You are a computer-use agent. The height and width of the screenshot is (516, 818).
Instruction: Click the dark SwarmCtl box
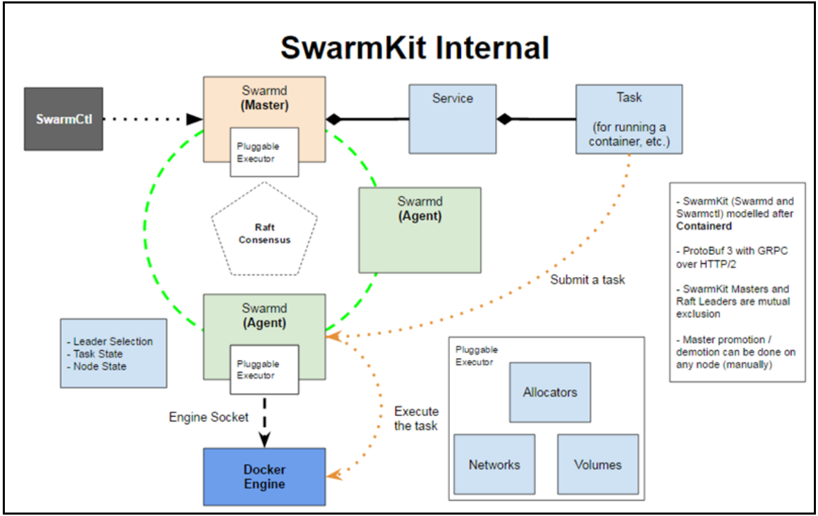coord(63,119)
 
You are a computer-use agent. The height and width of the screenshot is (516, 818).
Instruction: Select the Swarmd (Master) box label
coord(264,99)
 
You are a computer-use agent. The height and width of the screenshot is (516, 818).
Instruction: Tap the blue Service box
coord(452,119)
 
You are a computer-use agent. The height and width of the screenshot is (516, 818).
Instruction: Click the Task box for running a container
coord(628,119)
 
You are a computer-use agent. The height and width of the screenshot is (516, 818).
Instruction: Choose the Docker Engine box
coord(264,476)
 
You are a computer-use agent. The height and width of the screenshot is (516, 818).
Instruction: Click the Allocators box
coord(549,392)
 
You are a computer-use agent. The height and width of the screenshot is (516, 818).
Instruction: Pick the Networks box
coord(494,465)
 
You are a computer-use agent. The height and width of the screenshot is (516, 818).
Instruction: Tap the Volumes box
coord(597,465)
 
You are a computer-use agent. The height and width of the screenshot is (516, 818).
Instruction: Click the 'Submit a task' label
coord(587,280)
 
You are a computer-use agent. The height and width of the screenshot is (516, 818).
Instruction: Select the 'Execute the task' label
coord(416,418)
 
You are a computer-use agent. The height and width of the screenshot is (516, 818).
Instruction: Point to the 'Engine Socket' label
coord(209,417)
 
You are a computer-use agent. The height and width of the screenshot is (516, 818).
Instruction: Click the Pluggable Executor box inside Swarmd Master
coord(264,151)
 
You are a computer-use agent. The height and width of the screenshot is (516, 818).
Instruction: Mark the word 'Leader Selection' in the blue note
coord(112,341)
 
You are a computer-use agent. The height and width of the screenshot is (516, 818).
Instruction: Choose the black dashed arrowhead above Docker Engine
coord(265,439)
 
